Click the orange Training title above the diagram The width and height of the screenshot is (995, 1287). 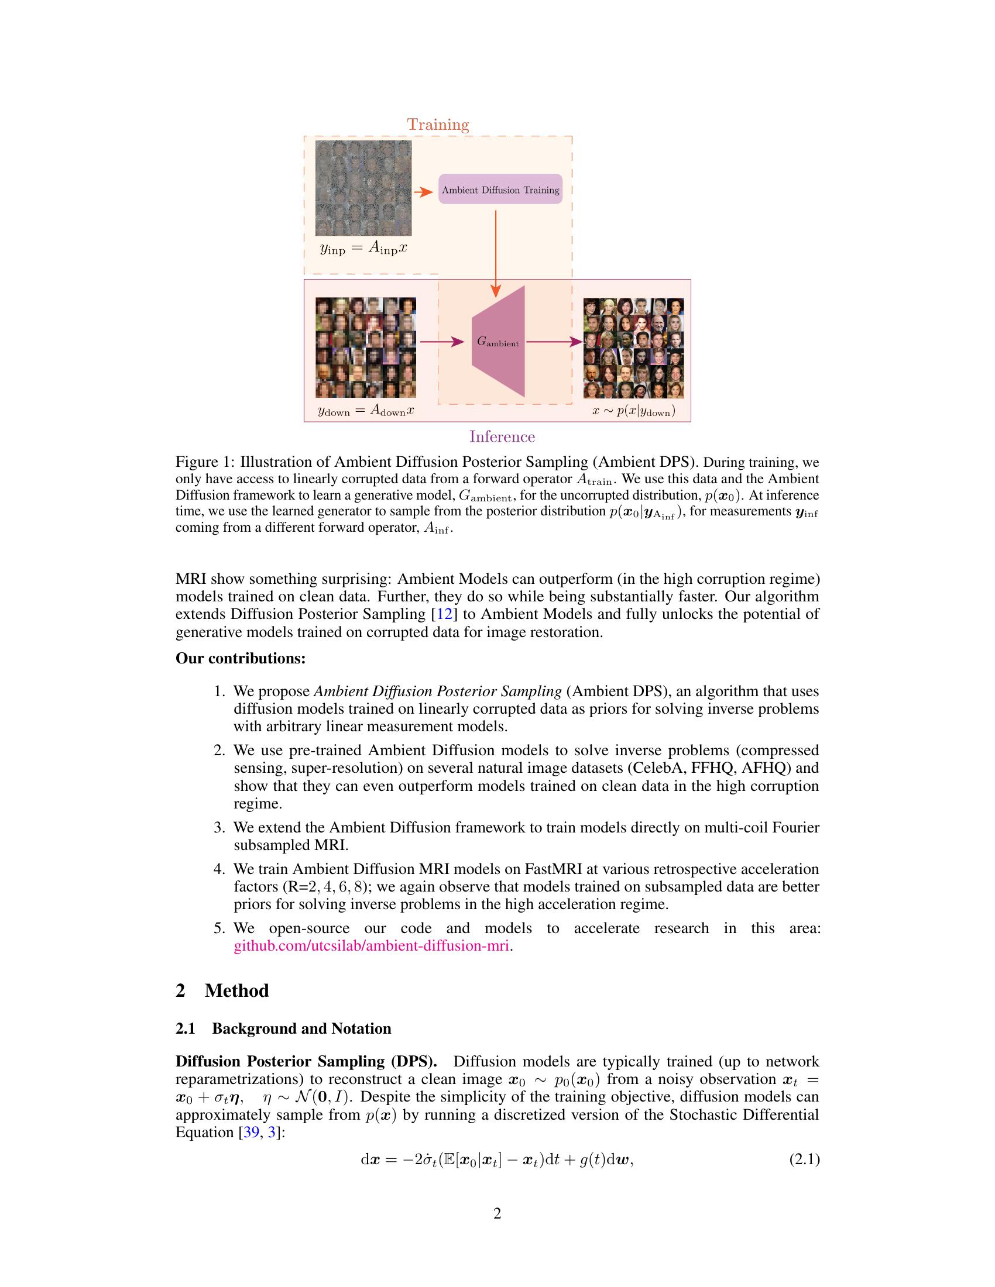438,125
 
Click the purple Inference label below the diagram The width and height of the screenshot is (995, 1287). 502,436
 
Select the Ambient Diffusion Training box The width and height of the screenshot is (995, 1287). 500,189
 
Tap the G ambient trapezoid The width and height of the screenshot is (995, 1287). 499,342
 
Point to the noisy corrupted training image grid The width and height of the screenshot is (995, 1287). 363,187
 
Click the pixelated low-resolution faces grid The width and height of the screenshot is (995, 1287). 365,347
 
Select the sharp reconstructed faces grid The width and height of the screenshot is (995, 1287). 634,347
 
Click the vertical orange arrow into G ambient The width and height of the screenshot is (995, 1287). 496,253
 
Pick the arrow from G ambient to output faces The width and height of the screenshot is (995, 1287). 554,342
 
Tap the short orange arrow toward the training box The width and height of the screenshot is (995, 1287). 423,192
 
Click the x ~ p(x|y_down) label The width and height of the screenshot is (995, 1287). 634,411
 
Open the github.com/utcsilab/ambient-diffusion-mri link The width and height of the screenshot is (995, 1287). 371,947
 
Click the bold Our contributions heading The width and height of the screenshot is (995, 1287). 241,658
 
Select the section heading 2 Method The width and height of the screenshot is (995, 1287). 222,990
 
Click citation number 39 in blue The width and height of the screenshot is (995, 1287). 251,1132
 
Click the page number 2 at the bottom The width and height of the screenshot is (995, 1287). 497,1213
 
